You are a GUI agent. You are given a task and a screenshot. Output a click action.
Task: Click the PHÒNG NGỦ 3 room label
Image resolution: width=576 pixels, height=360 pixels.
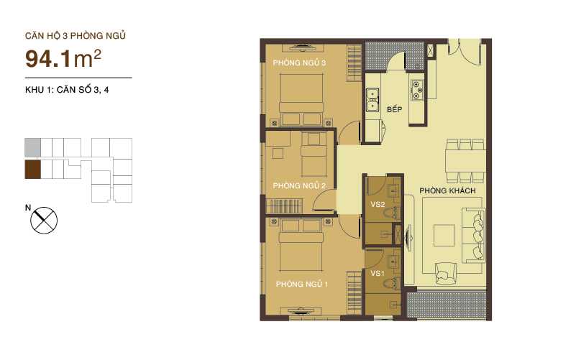pyautogui.click(x=298, y=63)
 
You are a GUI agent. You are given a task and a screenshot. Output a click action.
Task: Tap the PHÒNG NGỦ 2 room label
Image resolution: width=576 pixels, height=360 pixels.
pyautogui.click(x=300, y=186)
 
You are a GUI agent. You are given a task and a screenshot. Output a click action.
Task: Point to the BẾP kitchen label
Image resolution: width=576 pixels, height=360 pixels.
pyautogui.click(x=393, y=110)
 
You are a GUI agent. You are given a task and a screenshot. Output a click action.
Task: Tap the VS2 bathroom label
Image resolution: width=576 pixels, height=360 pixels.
pyautogui.click(x=377, y=204)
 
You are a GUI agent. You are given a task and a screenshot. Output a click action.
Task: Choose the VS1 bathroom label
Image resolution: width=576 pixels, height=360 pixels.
pyautogui.click(x=376, y=274)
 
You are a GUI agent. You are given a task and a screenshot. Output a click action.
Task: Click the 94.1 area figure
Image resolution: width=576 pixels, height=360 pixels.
pyautogui.click(x=52, y=57)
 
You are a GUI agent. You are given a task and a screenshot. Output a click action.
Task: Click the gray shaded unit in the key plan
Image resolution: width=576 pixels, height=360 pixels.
pyautogui.click(x=32, y=147)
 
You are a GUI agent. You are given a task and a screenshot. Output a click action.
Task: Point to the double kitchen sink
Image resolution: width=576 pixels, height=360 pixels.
pyautogui.click(x=372, y=101)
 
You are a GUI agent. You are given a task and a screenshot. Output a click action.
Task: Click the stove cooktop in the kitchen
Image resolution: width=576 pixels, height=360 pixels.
pyautogui.click(x=417, y=90)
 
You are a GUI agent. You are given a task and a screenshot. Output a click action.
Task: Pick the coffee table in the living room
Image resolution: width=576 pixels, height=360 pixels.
pyautogui.click(x=444, y=234)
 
